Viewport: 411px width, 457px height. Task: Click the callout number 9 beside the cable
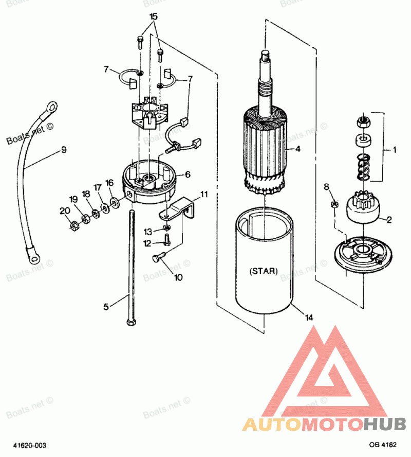(x=64, y=150)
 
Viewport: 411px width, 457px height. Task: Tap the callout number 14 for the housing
(x=309, y=318)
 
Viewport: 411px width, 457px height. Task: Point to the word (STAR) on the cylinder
(x=263, y=271)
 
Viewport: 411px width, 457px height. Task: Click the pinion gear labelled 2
(x=364, y=207)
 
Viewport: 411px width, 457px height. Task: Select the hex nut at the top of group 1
(x=362, y=121)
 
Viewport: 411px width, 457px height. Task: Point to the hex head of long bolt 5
(x=130, y=322)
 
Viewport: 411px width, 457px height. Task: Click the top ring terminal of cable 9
(x=52, y=107)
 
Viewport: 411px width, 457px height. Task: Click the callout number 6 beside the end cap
(x=188, y=174)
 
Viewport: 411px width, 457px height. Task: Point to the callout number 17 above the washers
(x=97, y=187)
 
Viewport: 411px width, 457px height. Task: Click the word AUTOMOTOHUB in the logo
(x=324, y=424)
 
